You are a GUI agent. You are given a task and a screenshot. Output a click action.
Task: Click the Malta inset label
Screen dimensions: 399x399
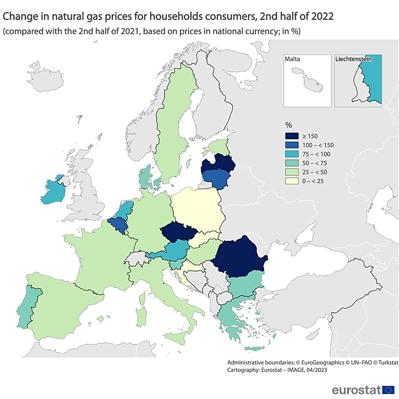(x=292, y=59)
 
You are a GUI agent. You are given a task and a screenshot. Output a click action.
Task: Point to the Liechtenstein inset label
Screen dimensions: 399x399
(x=353, y=59)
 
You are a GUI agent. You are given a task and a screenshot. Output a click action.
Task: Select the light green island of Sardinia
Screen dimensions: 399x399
(x=141, y=317)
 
